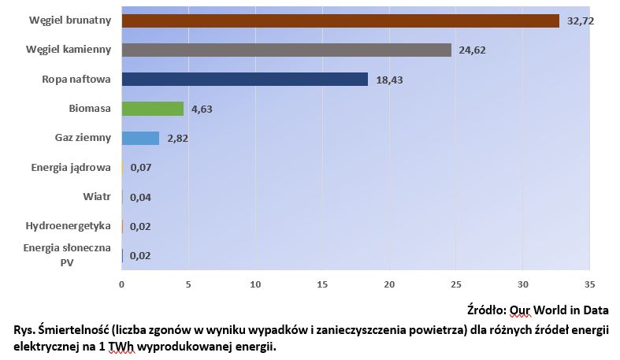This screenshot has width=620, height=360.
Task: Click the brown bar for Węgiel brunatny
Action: (340, 20)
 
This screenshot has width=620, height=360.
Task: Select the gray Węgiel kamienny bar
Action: (287, 50)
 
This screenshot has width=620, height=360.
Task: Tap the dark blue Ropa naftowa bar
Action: (245, 79)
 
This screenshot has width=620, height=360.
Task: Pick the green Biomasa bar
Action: (153, 109)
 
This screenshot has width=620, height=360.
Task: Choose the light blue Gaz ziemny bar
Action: (140, 138)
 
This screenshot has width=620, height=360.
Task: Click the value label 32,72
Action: (580, 21)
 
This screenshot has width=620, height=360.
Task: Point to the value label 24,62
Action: (472, 50)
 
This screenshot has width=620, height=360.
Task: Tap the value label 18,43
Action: (389, 80)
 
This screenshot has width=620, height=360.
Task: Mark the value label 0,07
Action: (140, 168)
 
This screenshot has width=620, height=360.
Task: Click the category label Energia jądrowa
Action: (71, 167)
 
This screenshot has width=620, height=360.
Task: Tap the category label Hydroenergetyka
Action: (69, 226)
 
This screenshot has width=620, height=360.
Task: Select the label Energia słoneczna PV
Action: (67, 255)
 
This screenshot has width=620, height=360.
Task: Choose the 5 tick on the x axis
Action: (188, 284)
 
